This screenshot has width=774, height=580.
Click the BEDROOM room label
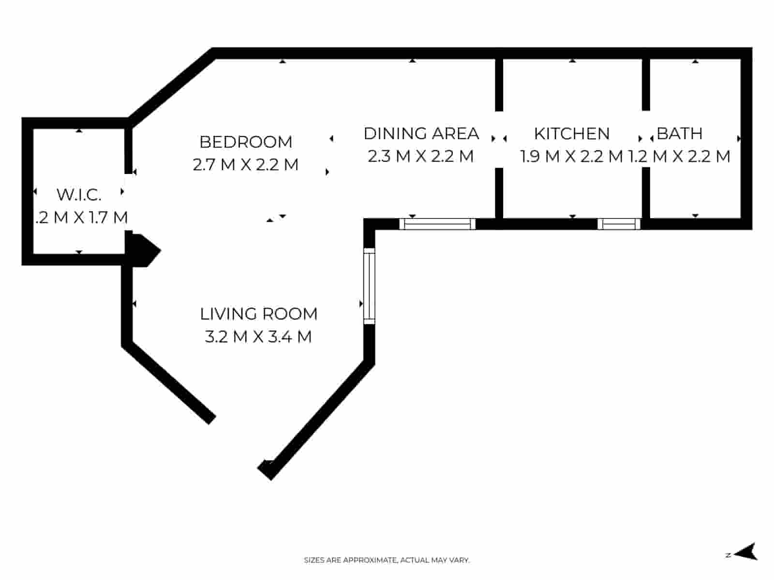point(246,142)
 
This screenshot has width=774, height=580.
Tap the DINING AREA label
point(421,133)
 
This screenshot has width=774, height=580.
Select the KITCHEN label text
point(571,133)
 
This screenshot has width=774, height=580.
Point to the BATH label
point(679,133)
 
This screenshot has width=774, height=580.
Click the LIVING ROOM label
point(258,314)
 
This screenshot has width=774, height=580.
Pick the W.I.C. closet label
point(79,194)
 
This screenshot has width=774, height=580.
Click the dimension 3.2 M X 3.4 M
point(258,337)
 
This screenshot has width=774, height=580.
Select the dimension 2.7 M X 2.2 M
point(246,165)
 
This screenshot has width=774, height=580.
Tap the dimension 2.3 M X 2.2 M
point(420,157)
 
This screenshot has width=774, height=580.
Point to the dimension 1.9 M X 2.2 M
point(571,157)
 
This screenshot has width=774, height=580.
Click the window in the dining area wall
point(438,224)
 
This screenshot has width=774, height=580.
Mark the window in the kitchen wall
point(619,224)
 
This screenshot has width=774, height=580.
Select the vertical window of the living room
point(369,286)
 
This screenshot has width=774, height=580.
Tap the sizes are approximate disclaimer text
point(387,560)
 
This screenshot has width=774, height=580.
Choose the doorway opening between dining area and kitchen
point(499,139)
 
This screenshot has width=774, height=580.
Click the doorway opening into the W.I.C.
point(128,202)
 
